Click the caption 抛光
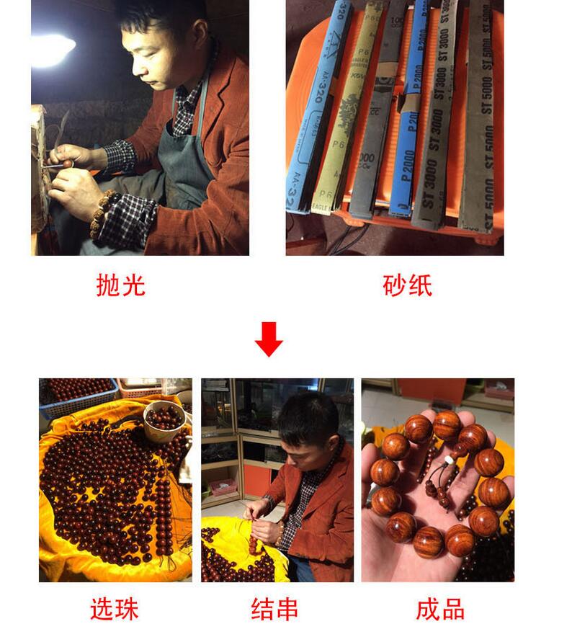[120, 285]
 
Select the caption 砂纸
[407, 285]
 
